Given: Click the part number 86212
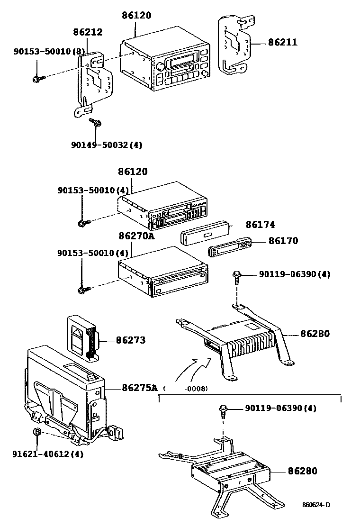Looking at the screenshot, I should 88,32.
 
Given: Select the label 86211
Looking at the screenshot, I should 282,42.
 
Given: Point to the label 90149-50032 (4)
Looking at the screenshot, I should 105,145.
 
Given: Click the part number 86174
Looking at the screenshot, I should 260,225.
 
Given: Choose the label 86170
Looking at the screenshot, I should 283,241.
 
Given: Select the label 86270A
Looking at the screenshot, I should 136,236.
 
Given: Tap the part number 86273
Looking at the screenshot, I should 130,340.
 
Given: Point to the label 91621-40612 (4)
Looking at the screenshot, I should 48,454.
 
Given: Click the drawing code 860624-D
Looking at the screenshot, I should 316,505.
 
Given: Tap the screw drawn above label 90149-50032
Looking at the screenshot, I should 95,123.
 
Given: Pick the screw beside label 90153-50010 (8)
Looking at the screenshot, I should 37,78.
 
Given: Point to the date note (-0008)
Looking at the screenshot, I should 186,389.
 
